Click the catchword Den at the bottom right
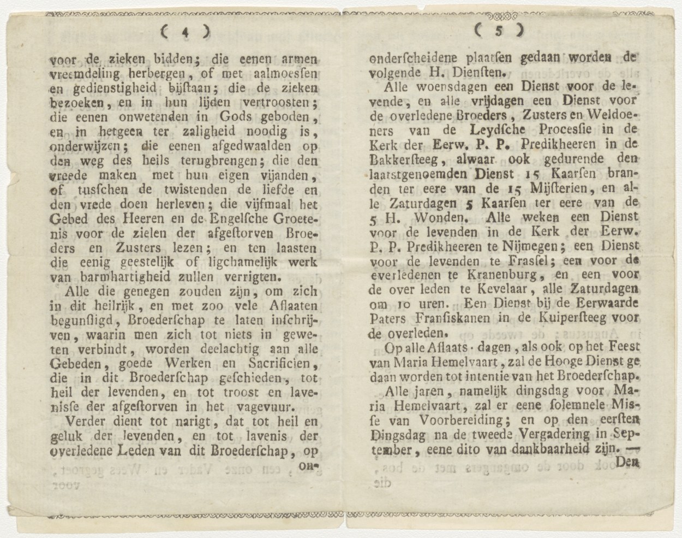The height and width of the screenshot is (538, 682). pos(626,462)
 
